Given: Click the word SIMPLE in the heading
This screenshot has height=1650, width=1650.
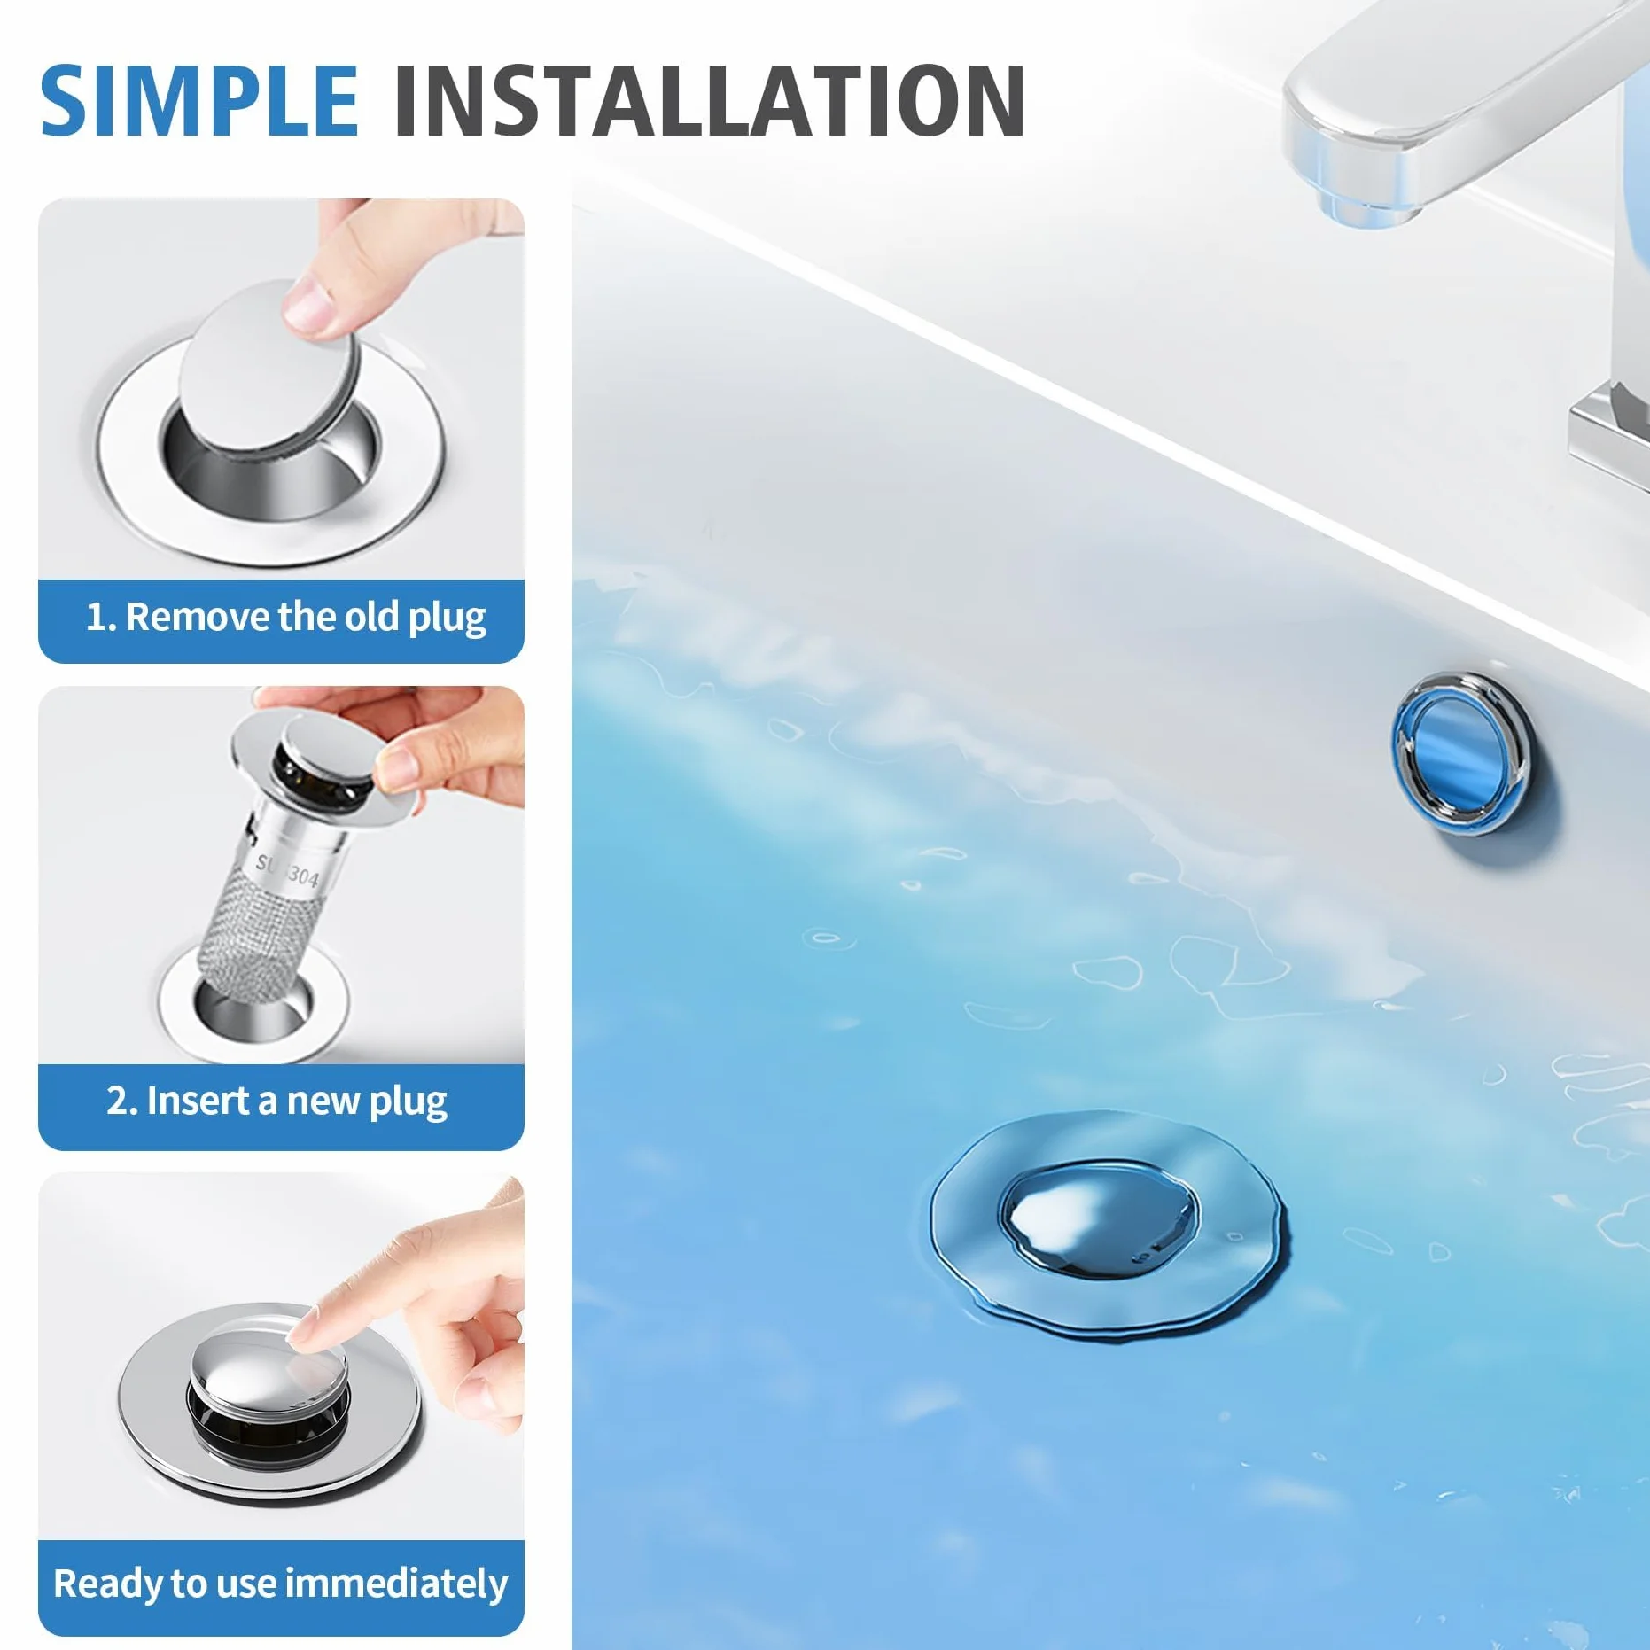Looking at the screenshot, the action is (x=199, y=101).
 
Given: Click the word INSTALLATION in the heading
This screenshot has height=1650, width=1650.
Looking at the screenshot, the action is (x=710, y=101).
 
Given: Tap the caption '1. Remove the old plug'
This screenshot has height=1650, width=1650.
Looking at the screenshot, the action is (x=285, y=618).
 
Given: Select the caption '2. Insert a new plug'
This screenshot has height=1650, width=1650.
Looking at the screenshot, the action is (x=276, y=1101).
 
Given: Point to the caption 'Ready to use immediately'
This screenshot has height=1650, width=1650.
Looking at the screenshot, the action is (x=281, y=1584).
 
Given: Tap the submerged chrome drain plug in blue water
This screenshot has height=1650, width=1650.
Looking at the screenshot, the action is (x=1099, y=1218).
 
